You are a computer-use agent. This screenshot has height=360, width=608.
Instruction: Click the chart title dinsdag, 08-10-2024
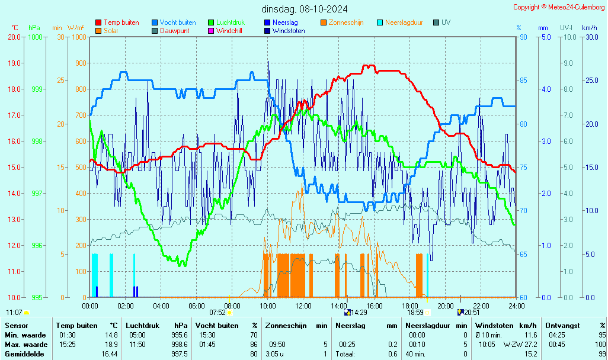(x=305, y=9)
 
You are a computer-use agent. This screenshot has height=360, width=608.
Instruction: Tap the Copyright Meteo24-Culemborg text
(x=559, y=7)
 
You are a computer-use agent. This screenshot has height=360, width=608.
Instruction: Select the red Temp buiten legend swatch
(x=98, y=22)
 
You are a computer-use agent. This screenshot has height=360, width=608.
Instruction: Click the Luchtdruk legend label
(x=230, y=22)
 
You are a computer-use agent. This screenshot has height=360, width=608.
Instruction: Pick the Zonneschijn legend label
(x=346, y=22)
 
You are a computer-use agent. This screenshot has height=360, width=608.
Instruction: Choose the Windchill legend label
(x=229, y=31)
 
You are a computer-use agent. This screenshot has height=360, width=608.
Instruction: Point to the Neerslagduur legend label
(x=404, y=22)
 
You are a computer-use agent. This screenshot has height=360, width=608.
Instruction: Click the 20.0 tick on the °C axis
(x=14, y=37)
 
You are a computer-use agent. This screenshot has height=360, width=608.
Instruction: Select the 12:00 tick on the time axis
(x=303, y=306)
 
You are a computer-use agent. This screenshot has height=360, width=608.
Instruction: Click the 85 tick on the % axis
(x=523, y=81)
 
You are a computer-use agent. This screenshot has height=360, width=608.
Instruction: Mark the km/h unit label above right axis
(x=589, y=28)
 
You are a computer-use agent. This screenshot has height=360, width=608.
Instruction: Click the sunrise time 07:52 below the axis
(x=217, y=313)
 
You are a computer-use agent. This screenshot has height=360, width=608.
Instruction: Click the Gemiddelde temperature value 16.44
(x=109, y=354)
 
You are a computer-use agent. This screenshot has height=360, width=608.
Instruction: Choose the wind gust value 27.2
(x=530, y=345)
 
